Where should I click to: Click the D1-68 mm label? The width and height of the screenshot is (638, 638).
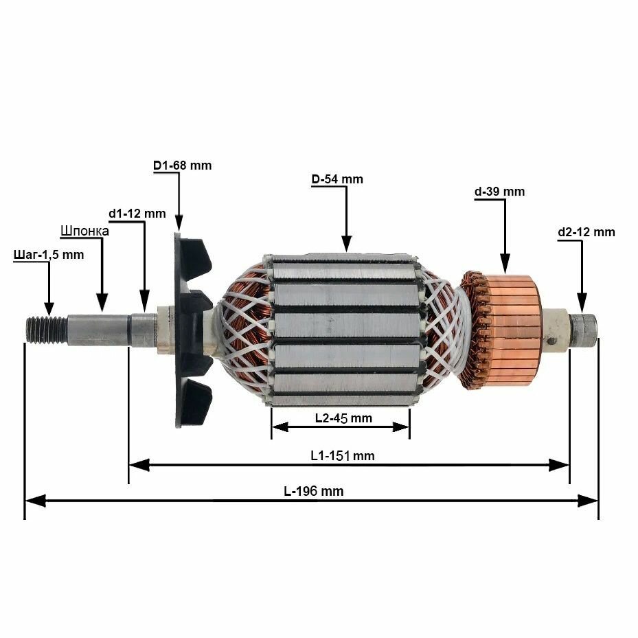coord(182,166)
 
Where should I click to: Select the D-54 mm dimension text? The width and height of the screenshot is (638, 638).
coord(337,179)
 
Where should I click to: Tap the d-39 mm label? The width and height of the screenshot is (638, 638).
coord(499,192)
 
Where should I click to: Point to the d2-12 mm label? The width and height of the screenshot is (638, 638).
coord(586,232)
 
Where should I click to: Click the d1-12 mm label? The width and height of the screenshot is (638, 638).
coord(137,214)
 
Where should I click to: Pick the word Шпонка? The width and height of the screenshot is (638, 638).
coord(84,231)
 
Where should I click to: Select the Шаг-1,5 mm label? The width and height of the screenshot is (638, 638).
coord(49,255)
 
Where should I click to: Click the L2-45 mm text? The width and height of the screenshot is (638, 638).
coord(343,418)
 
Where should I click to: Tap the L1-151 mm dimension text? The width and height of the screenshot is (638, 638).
coord(343,455)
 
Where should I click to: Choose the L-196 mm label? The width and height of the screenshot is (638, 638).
coord(314,491)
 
